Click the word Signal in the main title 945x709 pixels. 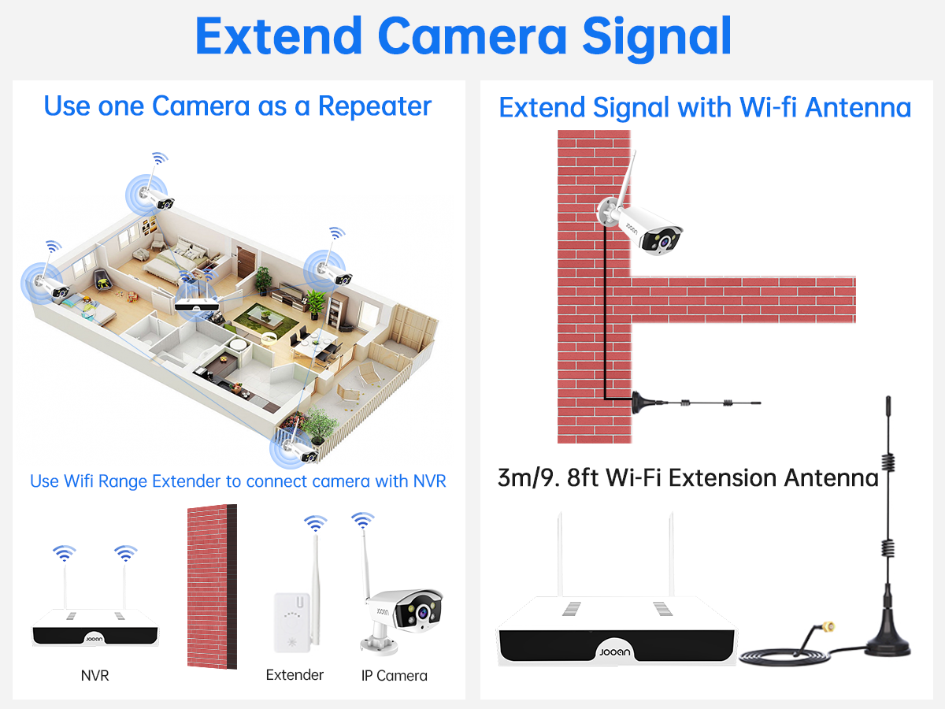point(657,38)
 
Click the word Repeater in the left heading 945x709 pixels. point(375,106)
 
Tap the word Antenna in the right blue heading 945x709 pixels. point(858,107)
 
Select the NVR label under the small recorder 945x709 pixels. point(94,675)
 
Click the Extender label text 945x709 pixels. point(295,674)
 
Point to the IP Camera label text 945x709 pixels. point(395,676)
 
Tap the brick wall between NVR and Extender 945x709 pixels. point(213,587)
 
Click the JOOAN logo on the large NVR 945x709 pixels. point(615,652)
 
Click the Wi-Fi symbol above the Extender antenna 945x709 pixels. point(316,522)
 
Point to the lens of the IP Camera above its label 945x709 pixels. point(423,612)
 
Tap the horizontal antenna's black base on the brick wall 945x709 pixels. point(643,403)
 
